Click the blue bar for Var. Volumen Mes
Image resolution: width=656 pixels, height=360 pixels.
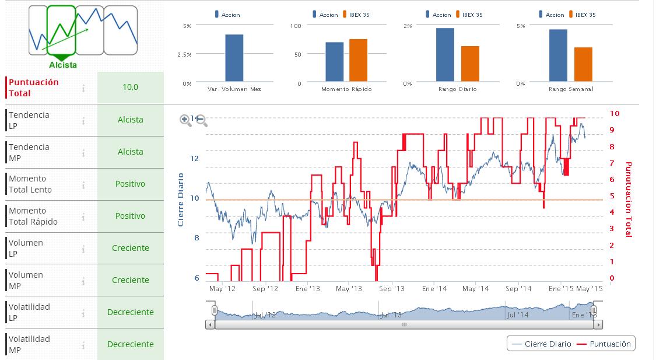click(234, 58)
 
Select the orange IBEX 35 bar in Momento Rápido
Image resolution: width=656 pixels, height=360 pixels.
click(358, 60)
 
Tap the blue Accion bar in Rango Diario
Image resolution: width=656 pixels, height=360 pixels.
click(445, 55)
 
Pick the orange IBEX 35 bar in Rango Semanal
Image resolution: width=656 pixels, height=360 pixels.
click(583, 64)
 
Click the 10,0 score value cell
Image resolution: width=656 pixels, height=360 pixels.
click(131, 88)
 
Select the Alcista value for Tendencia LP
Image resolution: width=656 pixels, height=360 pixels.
click(131, 120)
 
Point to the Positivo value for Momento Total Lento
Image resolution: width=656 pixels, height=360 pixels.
click(131, 184)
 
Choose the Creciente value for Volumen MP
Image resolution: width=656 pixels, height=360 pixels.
click(131, 280)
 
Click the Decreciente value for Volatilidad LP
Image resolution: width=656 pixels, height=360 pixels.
click(131, 312)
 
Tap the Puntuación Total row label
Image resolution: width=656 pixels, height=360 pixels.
click(34, 88)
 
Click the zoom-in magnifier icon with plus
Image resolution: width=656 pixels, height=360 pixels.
click(185, 120)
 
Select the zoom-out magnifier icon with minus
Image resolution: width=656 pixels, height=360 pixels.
click(202, 121)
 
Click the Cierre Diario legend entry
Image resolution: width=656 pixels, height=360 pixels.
click(542, 344)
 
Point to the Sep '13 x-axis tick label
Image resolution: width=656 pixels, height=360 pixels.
click(392, 289)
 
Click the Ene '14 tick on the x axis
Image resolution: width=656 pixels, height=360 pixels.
click(434, 289)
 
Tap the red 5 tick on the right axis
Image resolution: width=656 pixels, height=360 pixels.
click(611, 196)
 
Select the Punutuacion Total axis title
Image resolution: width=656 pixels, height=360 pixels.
click(628, 200)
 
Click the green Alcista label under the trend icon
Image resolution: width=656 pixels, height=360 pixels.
click(63, 65)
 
